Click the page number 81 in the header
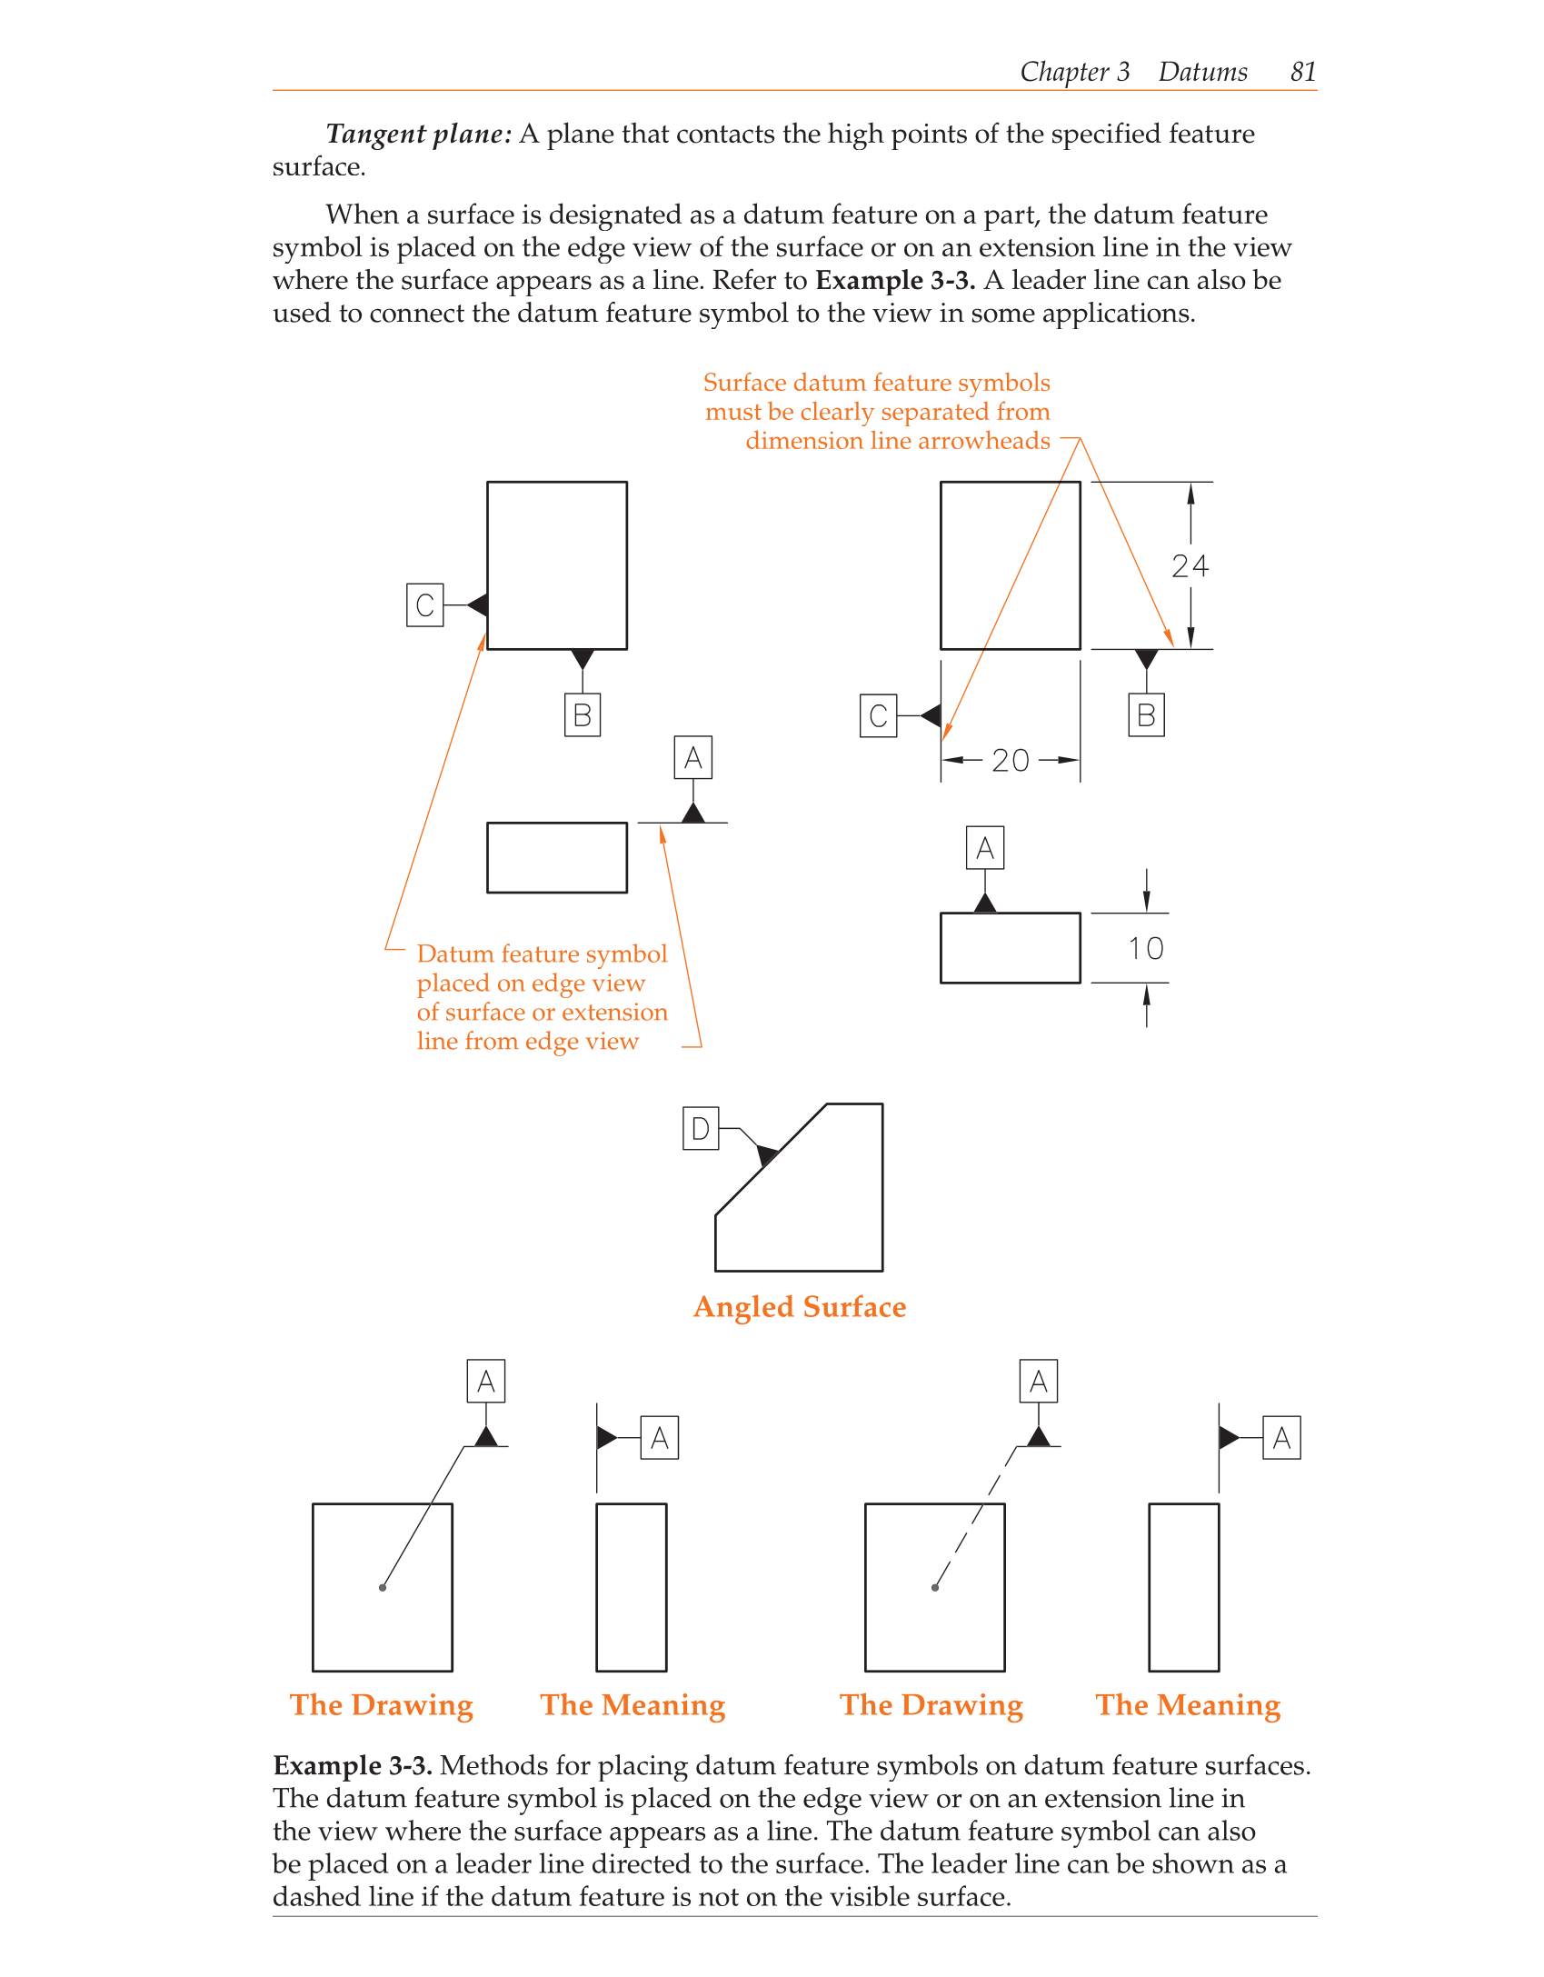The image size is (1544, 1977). (x=1302, y=72)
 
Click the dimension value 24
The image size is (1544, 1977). (x=1190, y=566)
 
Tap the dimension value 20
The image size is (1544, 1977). (x=1010, y=760)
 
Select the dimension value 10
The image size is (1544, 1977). (x=1145, y=948)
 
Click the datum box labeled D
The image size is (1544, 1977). (x=701, y=1128)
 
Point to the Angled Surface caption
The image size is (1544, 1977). (x=800, y=1306)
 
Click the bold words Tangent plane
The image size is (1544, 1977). (x=418, y=135)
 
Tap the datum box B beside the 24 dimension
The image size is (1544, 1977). (x=1146, y=715)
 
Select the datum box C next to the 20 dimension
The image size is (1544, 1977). (x=878, y=715)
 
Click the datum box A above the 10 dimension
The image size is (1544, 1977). (x=984, y=848)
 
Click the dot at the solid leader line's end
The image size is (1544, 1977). (x=383, y=1587)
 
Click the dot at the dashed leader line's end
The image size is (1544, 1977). (x=935, y=1587)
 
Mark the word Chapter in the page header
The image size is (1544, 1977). (x=1064, y=72)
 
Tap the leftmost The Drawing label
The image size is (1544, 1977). (x=382, y=1704)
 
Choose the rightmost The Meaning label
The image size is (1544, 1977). (x=1187, y=1704)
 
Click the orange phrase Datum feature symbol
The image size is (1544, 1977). (x=542, y=954)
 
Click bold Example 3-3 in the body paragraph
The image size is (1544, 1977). (x=895, y=280)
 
